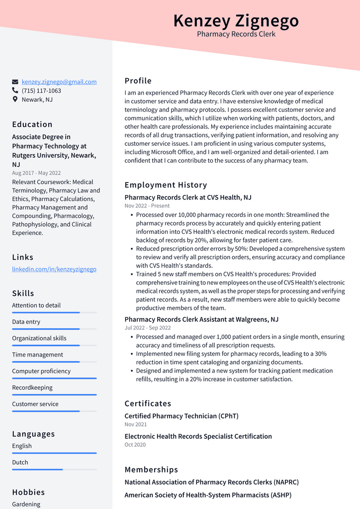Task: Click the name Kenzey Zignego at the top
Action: coord(236,21)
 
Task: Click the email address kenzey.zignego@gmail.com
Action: coord(59,82)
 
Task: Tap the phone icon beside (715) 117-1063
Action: coord(15,91)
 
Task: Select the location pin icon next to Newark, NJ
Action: coord(15,100)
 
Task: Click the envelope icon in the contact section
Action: coord(15,82)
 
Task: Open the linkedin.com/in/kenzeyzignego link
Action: coord(54,269)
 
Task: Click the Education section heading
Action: coord(32,124)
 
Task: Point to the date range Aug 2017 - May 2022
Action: coord(36,173)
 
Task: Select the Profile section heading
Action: coord(138,81)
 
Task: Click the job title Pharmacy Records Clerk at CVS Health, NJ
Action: coord(187,198)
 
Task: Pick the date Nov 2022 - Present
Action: coord(147,206)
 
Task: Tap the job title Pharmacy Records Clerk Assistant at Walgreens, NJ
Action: coord(201,319)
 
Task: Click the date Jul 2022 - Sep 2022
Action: coord(147,328)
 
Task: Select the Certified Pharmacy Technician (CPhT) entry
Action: coord(181,416)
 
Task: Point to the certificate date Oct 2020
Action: coord(135,445)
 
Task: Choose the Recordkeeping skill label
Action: coord(32,388)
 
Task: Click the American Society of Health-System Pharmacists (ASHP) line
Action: coord(208,495)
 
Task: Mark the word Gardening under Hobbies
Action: coord(26,504)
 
